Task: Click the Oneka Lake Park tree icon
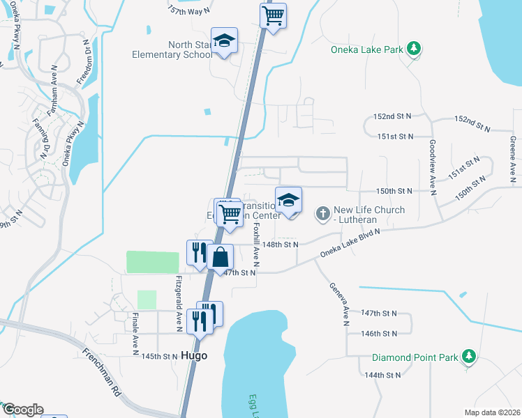[415, 48]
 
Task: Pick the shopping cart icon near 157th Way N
[274, 14]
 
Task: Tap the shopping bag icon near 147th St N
[221, 256]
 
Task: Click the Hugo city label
[194, 355]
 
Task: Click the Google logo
[22, 410]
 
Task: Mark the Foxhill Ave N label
[257, 245]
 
